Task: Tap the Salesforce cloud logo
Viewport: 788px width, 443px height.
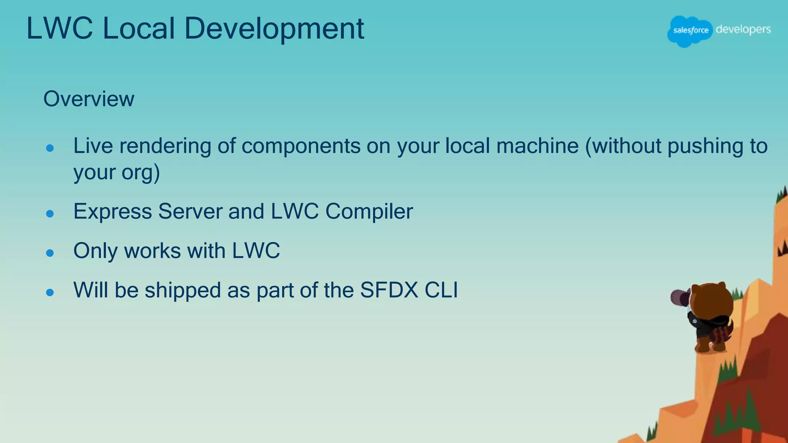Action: [x=690, y=31]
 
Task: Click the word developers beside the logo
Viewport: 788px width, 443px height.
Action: [x=743, y=29]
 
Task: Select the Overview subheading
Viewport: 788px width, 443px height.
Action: [x=89, y=99]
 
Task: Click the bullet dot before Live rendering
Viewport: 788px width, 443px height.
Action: [x=50, y=148]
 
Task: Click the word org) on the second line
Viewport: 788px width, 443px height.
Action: [x=140, y=172]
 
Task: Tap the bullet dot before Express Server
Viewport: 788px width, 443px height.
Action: [x=50, y=214]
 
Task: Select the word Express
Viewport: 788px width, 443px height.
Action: [x=112, y=212]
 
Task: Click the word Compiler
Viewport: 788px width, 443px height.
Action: [x=369, y=212]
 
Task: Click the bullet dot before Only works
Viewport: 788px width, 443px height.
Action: [x=50, y=253]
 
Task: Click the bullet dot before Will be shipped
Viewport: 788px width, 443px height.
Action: [x=50, y=293]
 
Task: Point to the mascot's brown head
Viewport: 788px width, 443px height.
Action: [x=712, y=302]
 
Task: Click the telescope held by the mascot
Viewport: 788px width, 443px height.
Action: [x=679, y=297]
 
